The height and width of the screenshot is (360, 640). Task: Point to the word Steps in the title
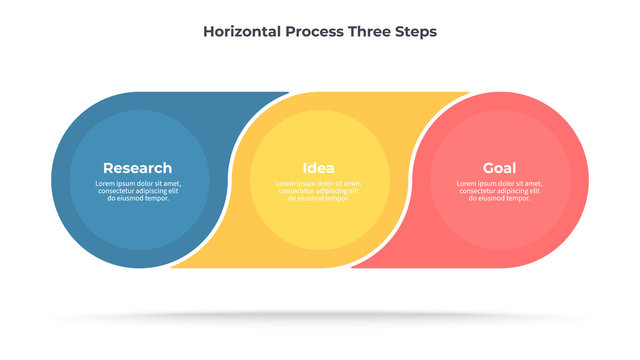416,31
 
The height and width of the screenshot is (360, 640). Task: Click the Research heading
137,168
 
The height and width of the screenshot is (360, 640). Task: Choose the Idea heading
318,168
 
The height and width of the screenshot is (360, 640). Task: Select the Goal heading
499,168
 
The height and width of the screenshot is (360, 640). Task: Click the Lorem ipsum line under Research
138,184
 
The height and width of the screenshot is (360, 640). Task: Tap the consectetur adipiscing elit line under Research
138,191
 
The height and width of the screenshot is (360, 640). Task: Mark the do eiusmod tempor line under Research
138,198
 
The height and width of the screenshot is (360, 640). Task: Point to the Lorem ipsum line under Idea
318,184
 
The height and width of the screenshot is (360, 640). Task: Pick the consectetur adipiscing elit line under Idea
318,191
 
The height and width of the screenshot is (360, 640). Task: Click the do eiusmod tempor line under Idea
318,198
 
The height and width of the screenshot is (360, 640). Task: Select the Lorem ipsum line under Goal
499,184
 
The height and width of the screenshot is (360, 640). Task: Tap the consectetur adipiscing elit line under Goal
499,191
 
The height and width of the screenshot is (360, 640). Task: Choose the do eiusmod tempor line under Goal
499,198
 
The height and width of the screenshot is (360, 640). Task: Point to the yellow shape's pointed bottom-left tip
173,266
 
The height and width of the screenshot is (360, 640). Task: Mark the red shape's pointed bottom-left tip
353,266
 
